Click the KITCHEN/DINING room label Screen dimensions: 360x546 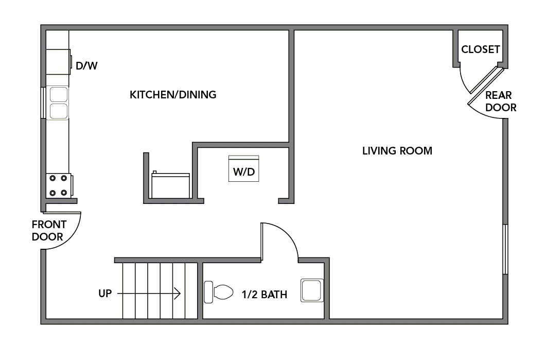(x=173, y=95)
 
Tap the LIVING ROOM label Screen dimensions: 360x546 (x=397, y=151)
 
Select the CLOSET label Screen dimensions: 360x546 (x=480, y=49)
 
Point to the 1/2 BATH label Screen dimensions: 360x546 (x=264, y=295)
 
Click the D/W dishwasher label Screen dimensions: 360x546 (x=86, y=66)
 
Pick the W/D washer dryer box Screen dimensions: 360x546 (x=244, y=169)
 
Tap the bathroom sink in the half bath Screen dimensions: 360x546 (x=312, y=290)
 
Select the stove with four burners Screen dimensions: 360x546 (x=58, y=185)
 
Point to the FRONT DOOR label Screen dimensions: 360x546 (x=49, y=231)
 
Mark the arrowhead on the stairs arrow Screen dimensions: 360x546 (x=178, y=294)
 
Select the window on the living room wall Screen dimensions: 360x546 (x=505, y=249)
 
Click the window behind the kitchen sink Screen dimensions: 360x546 (x=43, y=103)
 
